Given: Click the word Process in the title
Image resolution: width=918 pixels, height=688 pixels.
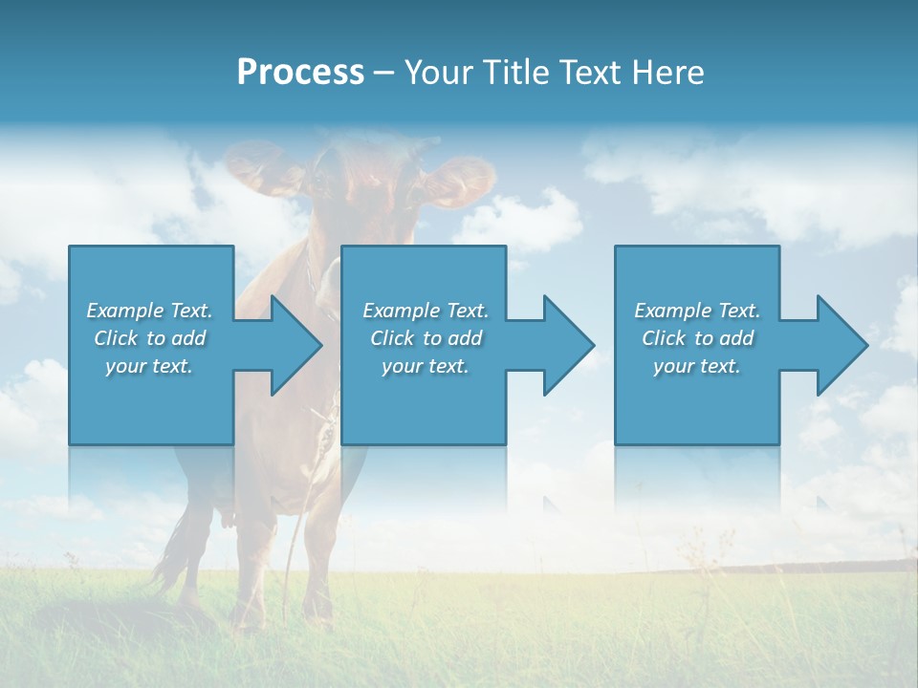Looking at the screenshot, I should (300, 73).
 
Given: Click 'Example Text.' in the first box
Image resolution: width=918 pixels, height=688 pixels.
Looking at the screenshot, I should (150, 311).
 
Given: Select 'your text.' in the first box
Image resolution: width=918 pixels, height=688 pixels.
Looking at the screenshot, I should (149, 366).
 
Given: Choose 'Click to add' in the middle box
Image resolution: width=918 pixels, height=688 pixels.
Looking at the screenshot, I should (426, 338).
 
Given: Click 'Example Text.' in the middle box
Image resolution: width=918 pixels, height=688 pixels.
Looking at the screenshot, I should (426, 311).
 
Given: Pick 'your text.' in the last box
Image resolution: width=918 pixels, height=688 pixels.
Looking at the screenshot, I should (697, 366).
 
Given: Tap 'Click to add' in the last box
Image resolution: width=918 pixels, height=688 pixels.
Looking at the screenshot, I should (697, 338).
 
